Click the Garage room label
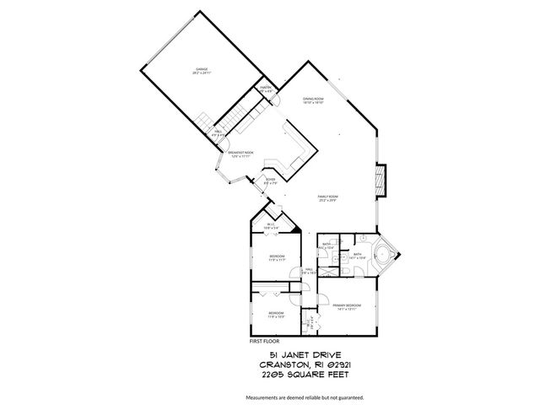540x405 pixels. (x=202, y=70)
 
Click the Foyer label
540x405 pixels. (x=270, y=181)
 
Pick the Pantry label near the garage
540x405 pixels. (x=265, y=89)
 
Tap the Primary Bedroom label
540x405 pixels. (x=347, y=305)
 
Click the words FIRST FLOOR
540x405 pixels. (x=265, y=341)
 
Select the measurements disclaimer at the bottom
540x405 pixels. (x=304, y=396)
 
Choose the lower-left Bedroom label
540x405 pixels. (x=276, y=314)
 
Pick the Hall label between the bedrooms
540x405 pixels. (x=309, y=271)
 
